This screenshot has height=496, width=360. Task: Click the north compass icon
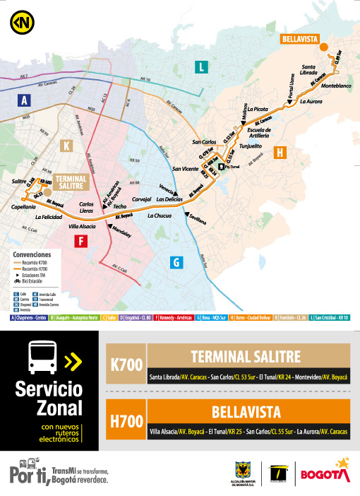click(x=19, y=20)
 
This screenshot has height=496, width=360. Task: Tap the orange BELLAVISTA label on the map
click(x=299, y=40)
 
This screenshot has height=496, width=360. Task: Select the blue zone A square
click(x=25, y=100)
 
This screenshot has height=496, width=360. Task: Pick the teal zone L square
click(x=202, y=67)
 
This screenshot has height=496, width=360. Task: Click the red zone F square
click(x=82, y=242)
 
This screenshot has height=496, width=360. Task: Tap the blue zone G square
click(x=176, y=262)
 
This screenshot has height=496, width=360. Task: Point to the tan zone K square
click(x=67, y=146)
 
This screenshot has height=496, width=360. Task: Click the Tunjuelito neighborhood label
click(x=251, y=146)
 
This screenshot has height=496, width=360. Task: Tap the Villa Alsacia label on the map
click(x=82, y=226)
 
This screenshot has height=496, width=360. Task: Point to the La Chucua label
click(x=160, y=215)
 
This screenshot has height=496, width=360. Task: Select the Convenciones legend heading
click(x=32, y=253)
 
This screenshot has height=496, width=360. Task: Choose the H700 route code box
click(x=127, y=420)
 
